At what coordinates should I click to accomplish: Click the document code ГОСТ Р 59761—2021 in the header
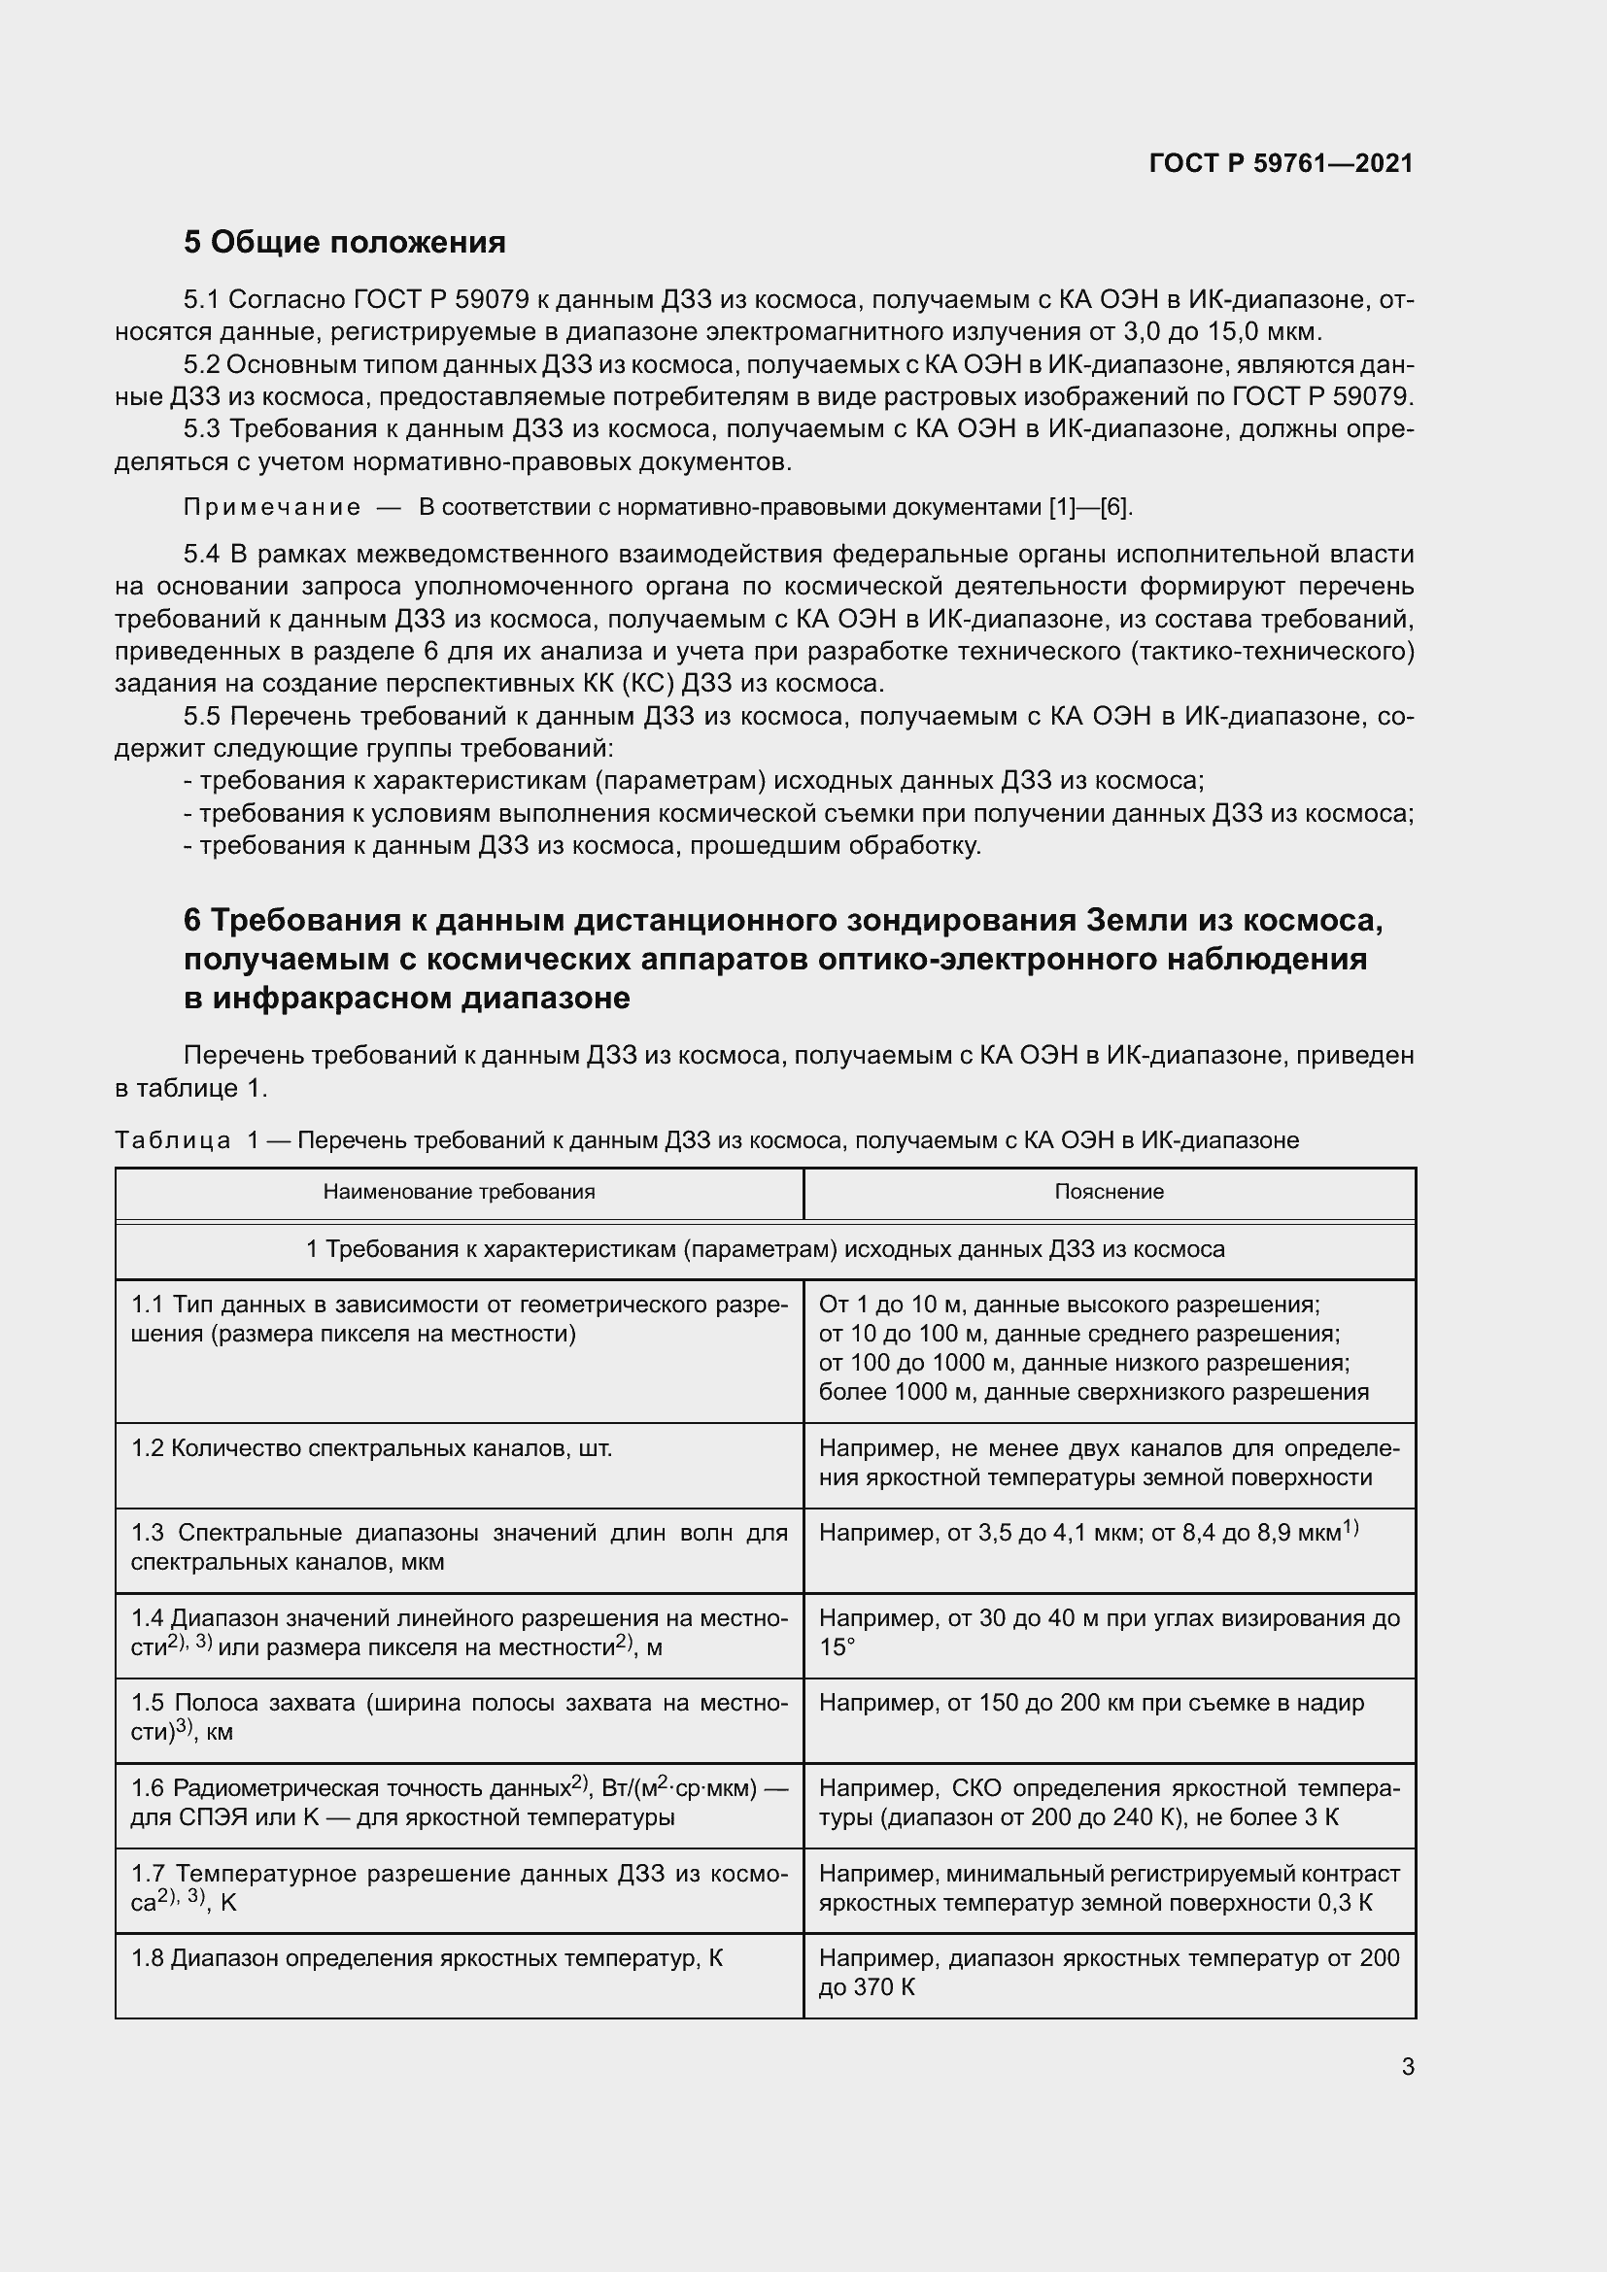point(1281,163)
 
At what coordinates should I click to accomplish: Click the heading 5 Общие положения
point(344,243)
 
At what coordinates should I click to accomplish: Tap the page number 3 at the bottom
point(1407,2067)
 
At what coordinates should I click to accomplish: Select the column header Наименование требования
point(460,1193)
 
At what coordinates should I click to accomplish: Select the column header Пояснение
point(1109,1193)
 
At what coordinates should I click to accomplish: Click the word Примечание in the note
point(272,509)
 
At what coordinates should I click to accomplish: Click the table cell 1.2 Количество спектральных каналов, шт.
point(371,1448)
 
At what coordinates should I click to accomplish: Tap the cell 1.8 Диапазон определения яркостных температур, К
point(427,1958)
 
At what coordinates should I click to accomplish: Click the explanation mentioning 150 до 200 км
point(1091,1703)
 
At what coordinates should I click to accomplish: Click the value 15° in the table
point(838,1647)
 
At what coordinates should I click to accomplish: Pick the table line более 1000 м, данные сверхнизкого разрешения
point(1093,1392)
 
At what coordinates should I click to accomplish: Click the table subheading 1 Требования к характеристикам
point(765,1250)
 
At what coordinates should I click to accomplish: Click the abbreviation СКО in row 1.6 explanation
point(975,1789)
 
